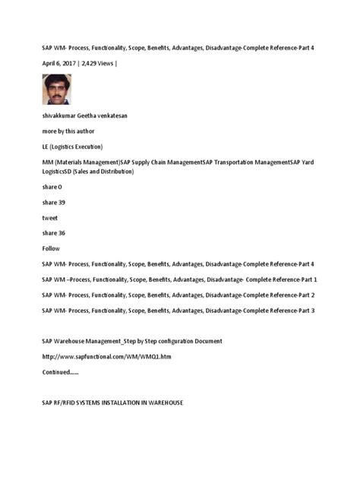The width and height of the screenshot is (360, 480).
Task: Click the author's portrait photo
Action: pyautogui.click(x=56, y=89)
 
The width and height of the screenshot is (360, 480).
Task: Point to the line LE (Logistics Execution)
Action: pyautogui.click(x=72, y=147)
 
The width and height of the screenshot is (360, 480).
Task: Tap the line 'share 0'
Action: pyautogui.click(x=52, y=187)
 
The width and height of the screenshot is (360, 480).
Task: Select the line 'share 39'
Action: pyautogui.click(x=53, y=203)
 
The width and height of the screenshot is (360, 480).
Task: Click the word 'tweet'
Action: pyautogui.click(x=50, y=218)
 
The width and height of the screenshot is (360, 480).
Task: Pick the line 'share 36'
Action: pyautogui.click(x=53, y=233)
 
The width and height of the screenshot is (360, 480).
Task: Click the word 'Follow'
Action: pyautogui.click(x=51, y=248)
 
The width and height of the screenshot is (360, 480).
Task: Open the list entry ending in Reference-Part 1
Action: pyautogui.click(x=179, y=279)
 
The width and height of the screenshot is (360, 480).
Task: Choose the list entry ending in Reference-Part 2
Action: pyautogui.click(x=178, y=295)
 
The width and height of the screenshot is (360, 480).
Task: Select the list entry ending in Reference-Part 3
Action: pyautogui.click(x=178, y=311)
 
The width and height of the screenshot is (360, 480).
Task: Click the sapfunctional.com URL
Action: pyautogui.click(x=101, y=357)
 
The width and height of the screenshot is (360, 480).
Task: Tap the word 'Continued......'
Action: pyautogui.click(x=60, y=372)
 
